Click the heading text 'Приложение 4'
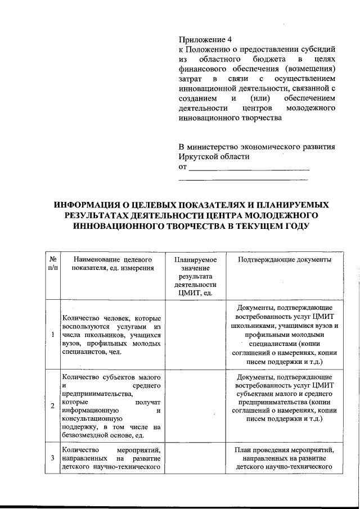[205, 39]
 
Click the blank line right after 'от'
[249, 167]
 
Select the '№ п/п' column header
[52, 264]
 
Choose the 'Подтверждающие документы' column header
[284, 260]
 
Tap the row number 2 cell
[52, 406]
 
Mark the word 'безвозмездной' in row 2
[86, 436]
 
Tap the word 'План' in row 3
[244, 451]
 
